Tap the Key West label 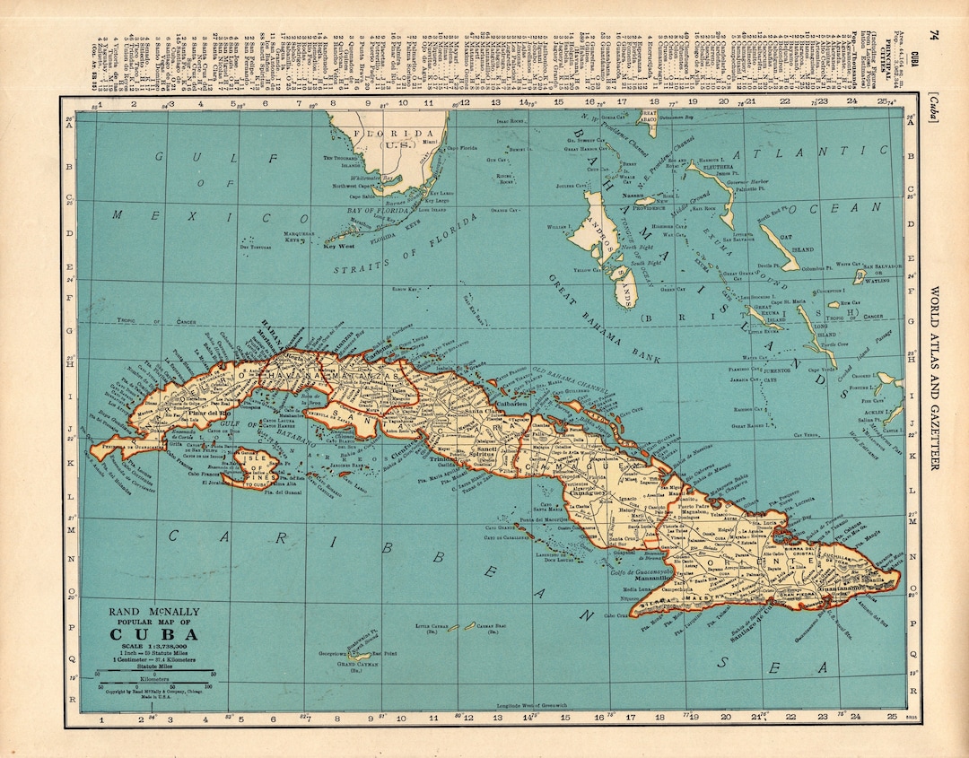pyautogui.click(x=340, y=245)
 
